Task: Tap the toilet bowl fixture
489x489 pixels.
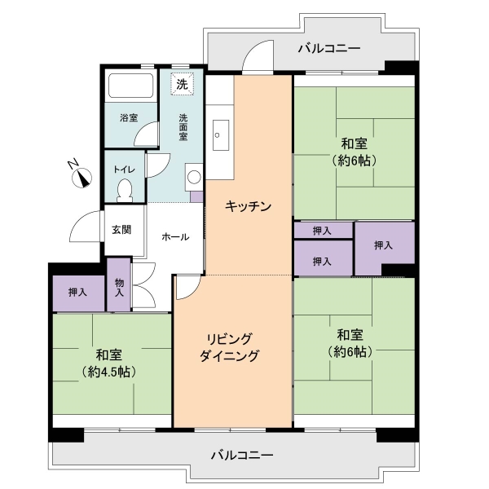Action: pyautogui.click(x=125, y=191)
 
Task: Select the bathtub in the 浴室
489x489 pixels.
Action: pyautogui.click(x=130, y=86)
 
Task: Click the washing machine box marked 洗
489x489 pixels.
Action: pyautogui.click(x=182, y=84)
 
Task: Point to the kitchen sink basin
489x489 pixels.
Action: pyautogui.click(x=220, y=134)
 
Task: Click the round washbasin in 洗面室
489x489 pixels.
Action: pyautogui.click(x=194, y=177)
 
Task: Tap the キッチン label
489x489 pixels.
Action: pyautogui.click(x=249, y=206)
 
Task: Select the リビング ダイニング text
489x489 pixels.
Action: pyautogui.click(x=229, y=347)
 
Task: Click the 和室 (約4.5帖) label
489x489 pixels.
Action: pyautogui.click(x=108, y=363)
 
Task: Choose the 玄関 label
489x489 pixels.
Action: pyautogui.click(x=121, y=230)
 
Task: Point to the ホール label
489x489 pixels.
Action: pyautogui.click(x=175, y=237)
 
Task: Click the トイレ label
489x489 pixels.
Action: pyautogui.click(x=124, y=170)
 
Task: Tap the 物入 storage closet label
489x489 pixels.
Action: pyautogui.click(x=119, y=288)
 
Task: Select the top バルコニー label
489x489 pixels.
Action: pyautogui.click(x=329, y=48)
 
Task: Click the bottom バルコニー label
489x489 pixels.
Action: pyautogui.click(x=242, y=456)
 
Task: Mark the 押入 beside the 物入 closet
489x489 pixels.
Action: pyautogui.click(x=77, y=293)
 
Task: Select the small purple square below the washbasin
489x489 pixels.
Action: pyautogui.click(x=196, y=196)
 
